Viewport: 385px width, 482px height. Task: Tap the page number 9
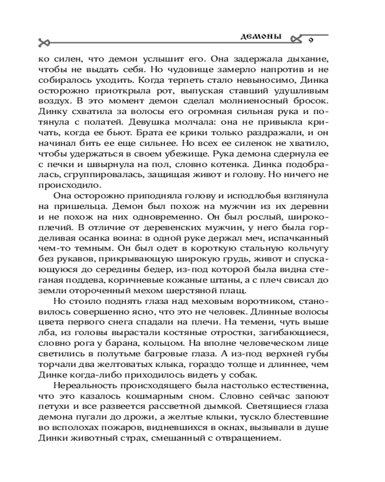[x=310, y=40]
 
